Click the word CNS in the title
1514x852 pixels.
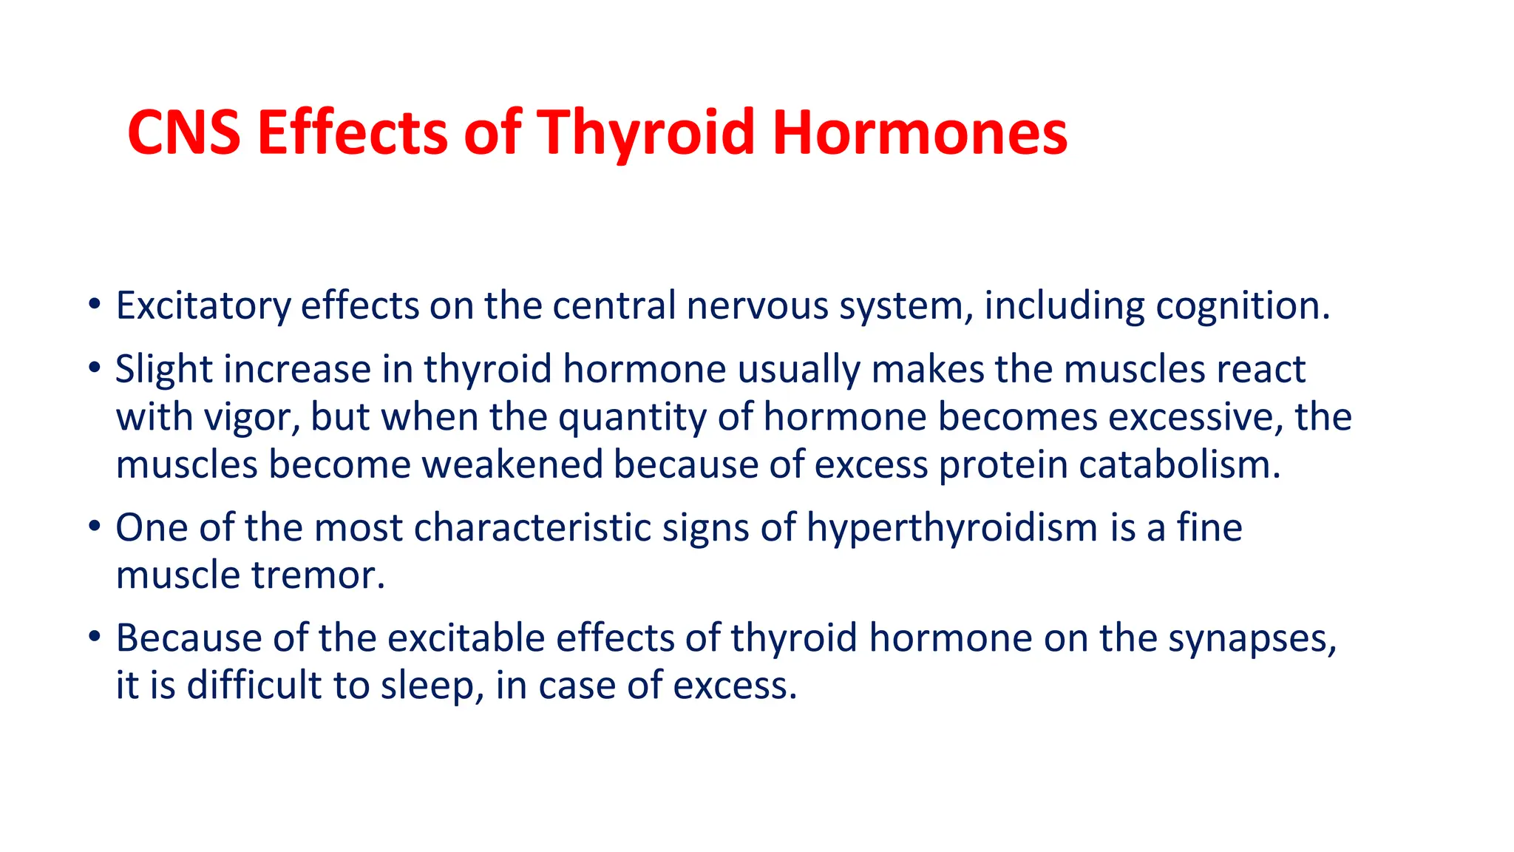point(183,133)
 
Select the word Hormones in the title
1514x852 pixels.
point(920,133)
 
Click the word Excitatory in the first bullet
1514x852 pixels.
point(203,306)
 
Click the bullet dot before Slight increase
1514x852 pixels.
point(94,368)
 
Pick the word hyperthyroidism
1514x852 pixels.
point(952,528)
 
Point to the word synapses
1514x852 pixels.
point(1252,638)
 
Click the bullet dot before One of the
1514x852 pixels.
point(94,527)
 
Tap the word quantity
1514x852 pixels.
point(633,417)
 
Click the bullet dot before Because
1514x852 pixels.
point(94,637)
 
